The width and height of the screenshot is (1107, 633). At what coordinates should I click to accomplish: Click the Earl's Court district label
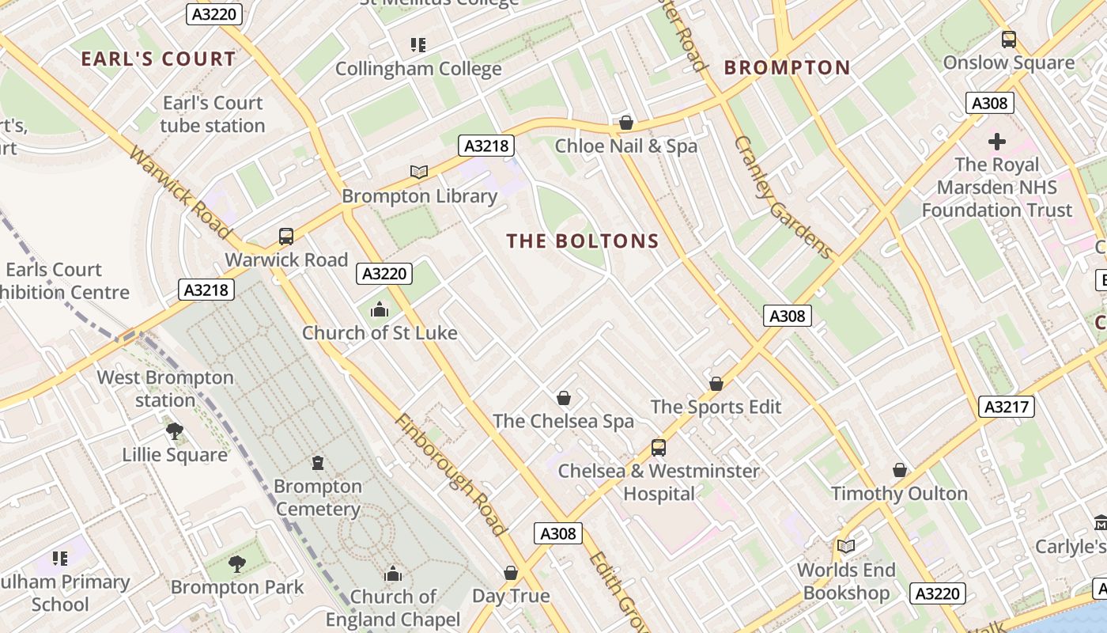158,59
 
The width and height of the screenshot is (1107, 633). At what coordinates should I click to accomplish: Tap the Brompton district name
787,68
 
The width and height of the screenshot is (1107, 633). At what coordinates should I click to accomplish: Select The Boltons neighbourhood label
583,241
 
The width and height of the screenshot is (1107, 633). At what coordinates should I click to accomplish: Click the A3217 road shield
1007,407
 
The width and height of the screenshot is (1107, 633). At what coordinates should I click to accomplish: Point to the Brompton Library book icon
419,172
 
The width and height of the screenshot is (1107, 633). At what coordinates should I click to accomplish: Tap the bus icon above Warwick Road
286,236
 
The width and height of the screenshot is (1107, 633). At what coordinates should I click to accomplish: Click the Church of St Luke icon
380,309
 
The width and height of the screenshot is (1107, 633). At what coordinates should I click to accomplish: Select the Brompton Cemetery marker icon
318,462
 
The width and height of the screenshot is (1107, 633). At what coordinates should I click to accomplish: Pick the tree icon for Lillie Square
175,431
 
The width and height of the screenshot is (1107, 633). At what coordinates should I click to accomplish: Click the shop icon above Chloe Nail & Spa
626,123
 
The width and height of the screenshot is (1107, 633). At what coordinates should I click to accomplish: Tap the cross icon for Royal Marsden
997,142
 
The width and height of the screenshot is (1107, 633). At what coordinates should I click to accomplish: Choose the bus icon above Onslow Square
1008,39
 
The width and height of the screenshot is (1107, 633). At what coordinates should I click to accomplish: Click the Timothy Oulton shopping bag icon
899,470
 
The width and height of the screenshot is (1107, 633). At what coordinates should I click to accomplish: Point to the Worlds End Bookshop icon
846,546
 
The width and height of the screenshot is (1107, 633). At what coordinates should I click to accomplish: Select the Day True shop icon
511,572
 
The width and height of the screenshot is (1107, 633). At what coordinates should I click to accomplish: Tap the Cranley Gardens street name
782,197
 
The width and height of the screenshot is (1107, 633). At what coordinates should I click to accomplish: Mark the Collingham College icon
417,45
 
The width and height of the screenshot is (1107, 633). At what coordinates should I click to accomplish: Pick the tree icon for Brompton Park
236,563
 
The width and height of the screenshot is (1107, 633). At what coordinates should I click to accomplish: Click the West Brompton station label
165,389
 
